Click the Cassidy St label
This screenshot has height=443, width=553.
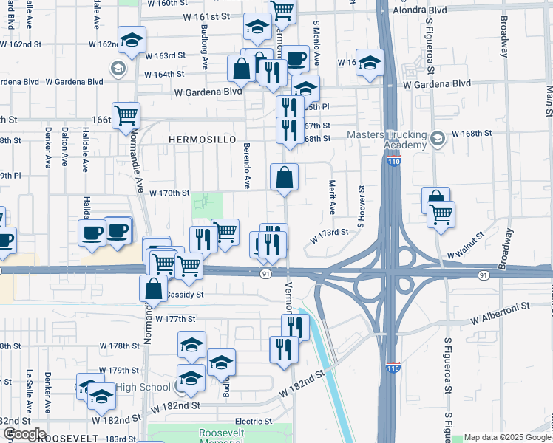point(184,294)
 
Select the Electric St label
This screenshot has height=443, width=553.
point(254,421)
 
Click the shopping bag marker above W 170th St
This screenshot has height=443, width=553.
point(285,178)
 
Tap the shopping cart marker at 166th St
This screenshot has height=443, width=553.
point(127,116)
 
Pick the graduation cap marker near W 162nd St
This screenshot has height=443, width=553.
point(132,41)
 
